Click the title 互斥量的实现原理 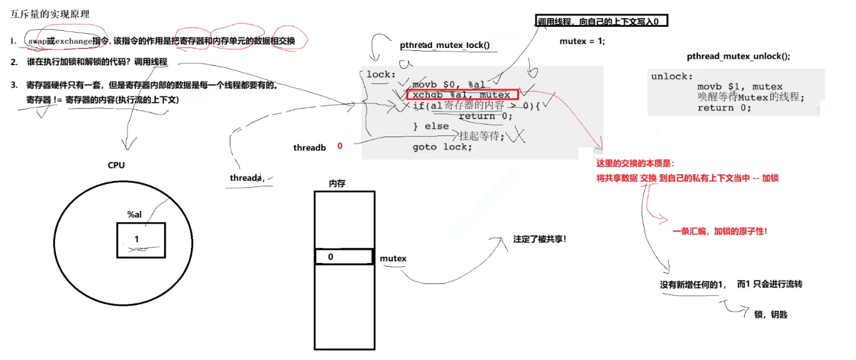50,14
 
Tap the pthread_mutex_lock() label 445,45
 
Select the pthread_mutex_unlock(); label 738,56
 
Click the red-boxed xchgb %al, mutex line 462,95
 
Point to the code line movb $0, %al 448,85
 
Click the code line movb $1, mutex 739,87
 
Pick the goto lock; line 442,147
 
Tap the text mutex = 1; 582,41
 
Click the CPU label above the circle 116,165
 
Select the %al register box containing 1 141,239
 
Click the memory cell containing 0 344,257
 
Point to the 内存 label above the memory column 337,183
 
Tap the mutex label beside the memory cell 393,258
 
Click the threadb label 310,147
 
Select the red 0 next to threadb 339,146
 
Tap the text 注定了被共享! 540,239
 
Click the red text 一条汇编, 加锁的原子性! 719,231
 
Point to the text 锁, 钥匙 771,314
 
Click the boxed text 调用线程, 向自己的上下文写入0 601,22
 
